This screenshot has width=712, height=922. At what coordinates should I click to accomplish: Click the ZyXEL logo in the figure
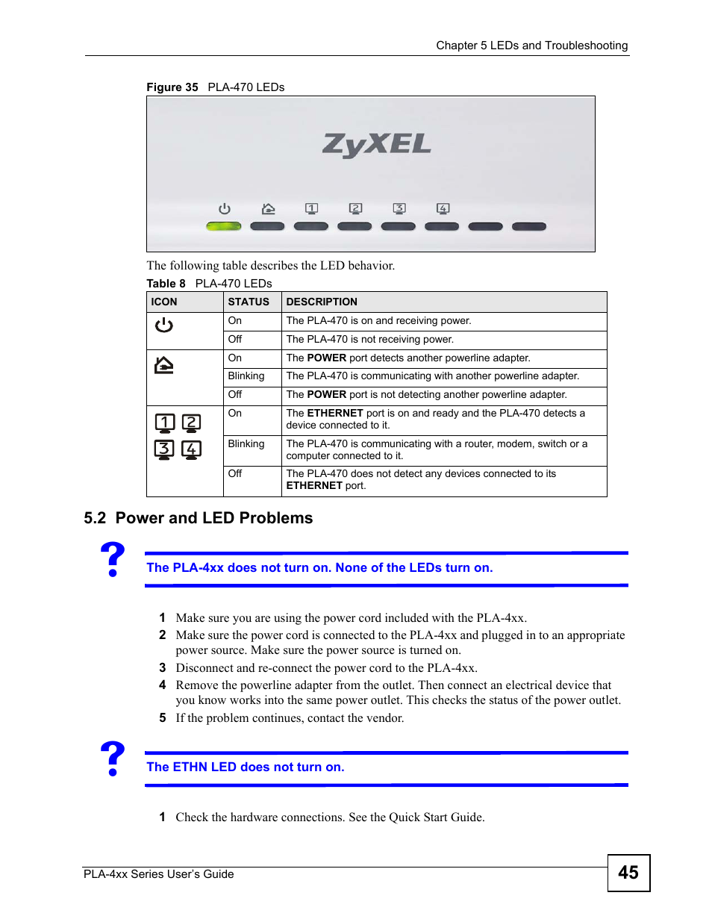tap(376, 144)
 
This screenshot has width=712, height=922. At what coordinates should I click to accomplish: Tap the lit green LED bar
tap(224, 226)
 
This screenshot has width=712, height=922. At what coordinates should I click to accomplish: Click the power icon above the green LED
tap(224, 209)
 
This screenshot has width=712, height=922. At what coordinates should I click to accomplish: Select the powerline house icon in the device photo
tap(268, 209)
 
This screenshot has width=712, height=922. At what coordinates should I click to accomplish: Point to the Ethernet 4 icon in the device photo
tap(443, 209)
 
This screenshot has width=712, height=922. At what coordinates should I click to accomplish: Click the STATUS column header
tap(249, 302)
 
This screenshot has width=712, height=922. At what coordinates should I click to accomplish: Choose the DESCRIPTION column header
tap(322, 302)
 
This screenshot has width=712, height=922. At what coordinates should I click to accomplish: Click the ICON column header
tap(164, 302)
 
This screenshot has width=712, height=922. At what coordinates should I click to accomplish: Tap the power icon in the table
tap(164, 325)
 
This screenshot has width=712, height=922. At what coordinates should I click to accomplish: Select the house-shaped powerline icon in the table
tap(164, 365)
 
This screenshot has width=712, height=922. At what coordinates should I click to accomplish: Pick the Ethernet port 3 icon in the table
tap(165, 449)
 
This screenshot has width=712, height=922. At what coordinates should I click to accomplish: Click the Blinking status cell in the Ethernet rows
tap(246, 444)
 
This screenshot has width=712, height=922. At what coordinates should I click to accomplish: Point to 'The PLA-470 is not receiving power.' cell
tap(369, 340)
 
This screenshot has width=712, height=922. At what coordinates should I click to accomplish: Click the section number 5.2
tap(95, 518)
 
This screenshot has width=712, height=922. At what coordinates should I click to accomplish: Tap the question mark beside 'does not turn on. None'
tap(113, 559)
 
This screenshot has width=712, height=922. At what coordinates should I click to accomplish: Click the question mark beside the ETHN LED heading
tap(113, 759)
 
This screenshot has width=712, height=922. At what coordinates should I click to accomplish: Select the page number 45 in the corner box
tap(628, 873)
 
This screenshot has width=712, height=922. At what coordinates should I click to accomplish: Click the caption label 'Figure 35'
tap(172, 87)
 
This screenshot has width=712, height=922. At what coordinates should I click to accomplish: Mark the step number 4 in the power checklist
tap(162, 685)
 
